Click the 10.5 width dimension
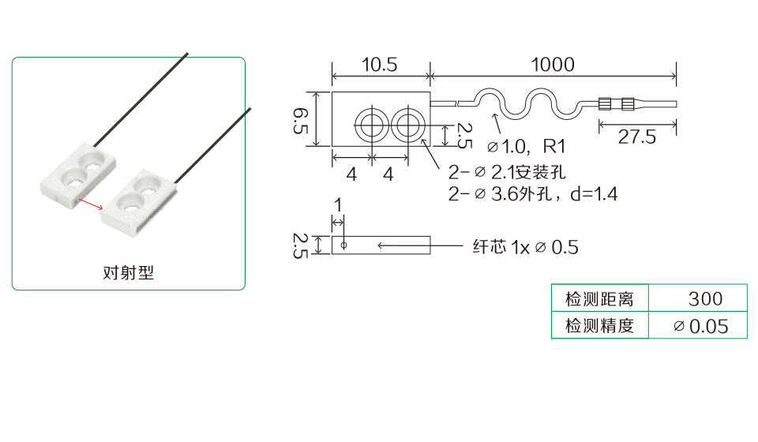click(380, 64)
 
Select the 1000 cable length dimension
click(553, 64)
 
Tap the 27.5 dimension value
click(636, 137)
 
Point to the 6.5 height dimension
click(301, 120)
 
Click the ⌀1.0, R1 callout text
click(526, 146)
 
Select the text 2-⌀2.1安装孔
click(507, 172)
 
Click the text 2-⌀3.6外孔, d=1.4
click(533, 193)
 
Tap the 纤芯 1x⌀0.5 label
click(526, 247)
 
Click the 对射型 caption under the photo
click(129, 272)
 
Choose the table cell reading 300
click(705, 299)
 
